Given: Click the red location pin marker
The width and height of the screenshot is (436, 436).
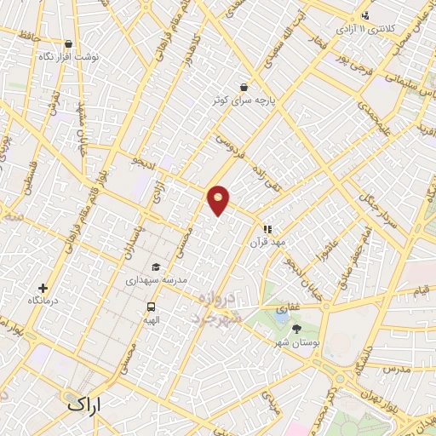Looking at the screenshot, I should [x=219, y=199].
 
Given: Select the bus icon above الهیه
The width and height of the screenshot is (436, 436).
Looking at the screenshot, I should [x=151, y=307].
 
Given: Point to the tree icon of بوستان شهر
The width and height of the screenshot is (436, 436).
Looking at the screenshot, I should [x=296, y=329].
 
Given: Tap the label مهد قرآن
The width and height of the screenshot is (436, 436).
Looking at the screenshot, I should [x=266, y=243].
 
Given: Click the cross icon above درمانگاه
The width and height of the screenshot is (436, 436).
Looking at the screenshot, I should [x=43, y=288].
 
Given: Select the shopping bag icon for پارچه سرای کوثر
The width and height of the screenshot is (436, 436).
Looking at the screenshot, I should [x=244, y=87].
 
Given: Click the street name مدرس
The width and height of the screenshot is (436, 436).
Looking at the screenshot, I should [x=396, y=370].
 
